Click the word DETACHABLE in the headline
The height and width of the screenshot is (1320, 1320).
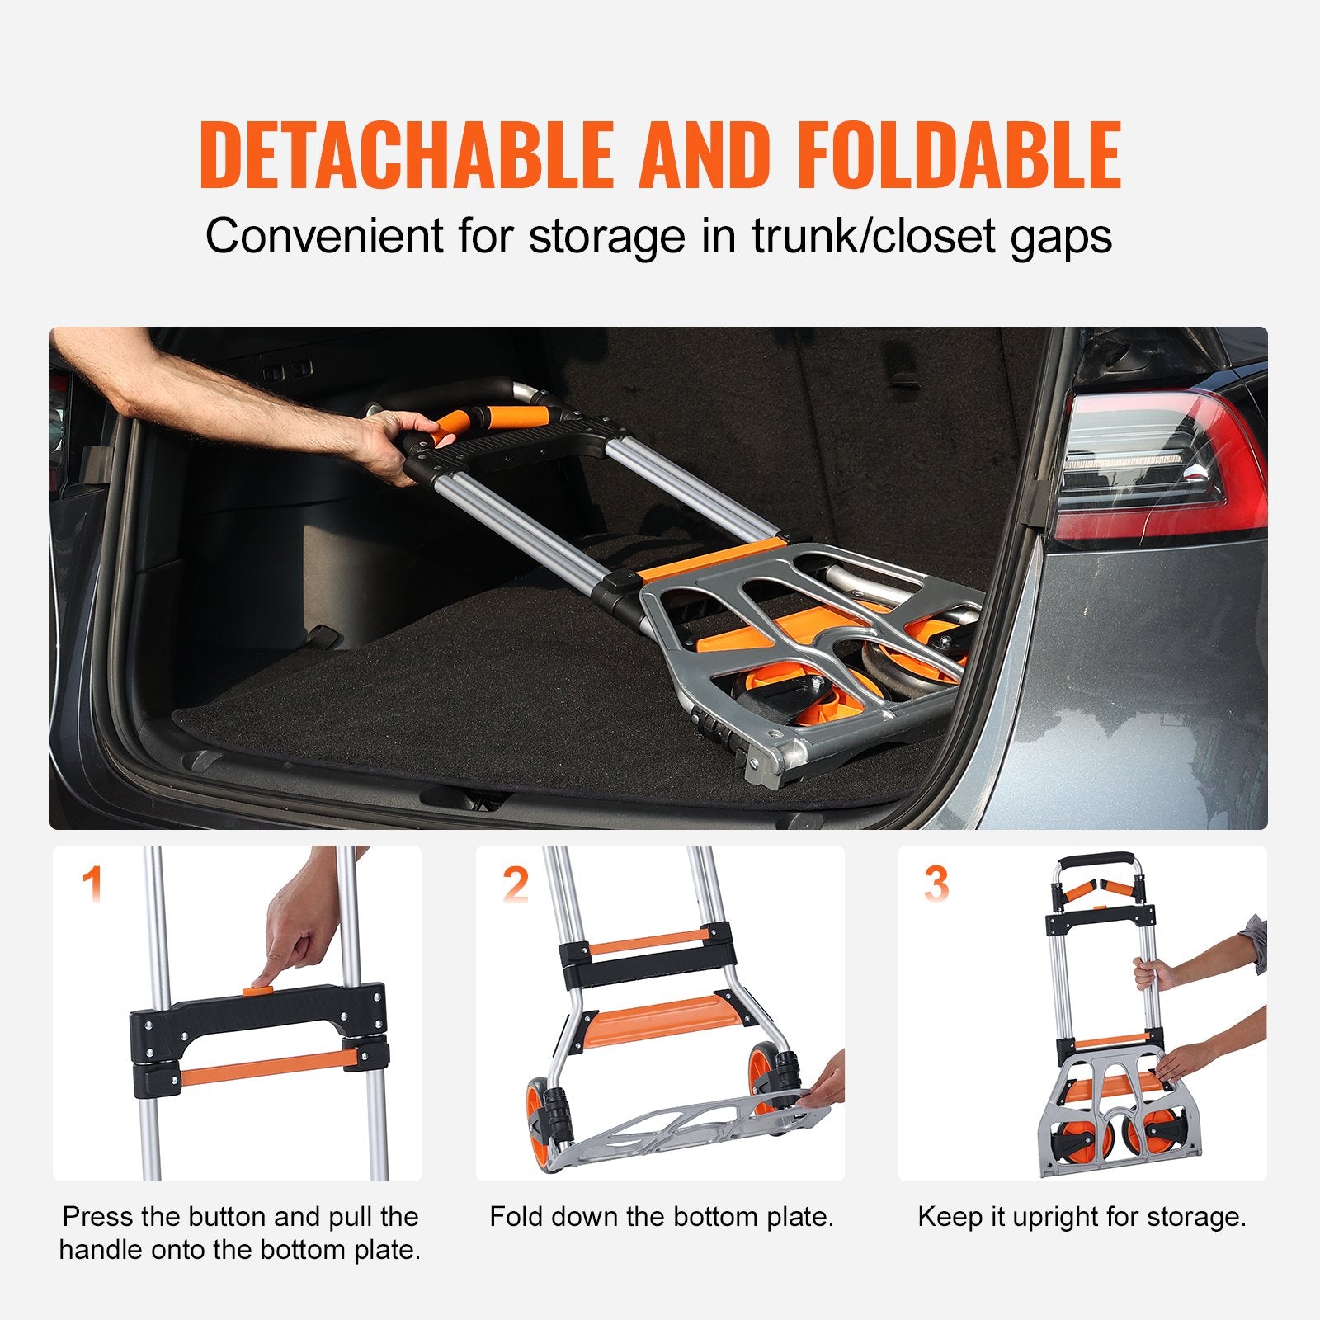[x=406, y=154]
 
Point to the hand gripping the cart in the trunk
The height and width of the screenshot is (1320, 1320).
[x=396, y=441]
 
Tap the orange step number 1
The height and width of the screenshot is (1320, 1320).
[x=93, y=884]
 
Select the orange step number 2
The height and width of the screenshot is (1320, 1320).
[x=516, y=884]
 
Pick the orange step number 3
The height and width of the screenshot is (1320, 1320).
[x=936, y=884]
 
